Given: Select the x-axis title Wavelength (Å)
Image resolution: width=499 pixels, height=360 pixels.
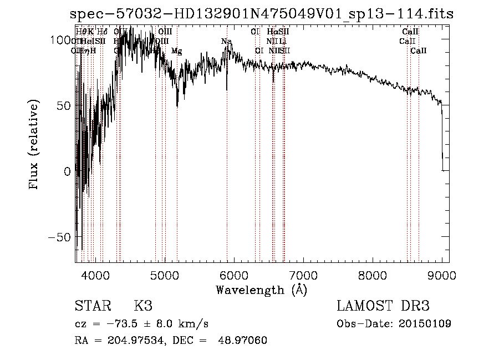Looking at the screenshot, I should click(261, 290).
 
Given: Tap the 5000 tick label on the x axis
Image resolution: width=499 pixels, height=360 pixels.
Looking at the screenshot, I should click(165, 275).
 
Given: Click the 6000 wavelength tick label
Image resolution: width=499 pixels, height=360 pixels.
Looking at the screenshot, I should click(234, 275).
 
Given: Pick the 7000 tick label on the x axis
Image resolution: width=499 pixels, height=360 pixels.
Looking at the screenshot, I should click(303, 275).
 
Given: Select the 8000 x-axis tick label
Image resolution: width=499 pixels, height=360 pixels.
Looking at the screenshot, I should click(373, 275).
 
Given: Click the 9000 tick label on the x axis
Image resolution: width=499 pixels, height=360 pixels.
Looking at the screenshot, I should click(442, 275).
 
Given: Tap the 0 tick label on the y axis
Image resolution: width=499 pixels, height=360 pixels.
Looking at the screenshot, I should click(68, 171).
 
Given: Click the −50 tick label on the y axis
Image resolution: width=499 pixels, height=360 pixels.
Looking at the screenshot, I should click(61, 237).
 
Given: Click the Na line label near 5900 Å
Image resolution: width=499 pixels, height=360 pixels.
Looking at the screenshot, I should click(226, 42).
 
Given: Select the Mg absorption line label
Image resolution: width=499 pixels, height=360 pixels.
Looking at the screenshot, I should click(176, 51).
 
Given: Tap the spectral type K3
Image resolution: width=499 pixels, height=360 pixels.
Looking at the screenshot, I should click(142, 306).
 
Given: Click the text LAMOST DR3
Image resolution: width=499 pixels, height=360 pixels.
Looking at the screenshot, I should click(383, 306).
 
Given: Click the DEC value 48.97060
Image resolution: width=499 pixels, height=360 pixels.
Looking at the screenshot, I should click(243, 340).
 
